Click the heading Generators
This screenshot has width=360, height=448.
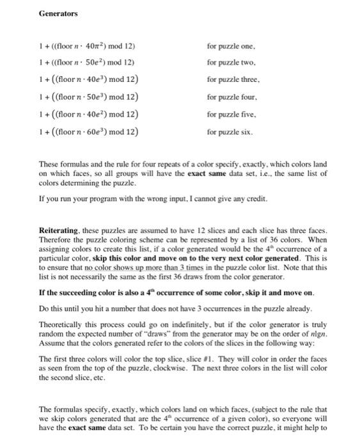coord(59,13)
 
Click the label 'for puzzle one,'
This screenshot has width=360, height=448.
coord(231,47)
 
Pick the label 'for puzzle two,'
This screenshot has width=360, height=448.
coord(231,63)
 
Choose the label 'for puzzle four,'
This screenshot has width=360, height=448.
coord(232,98)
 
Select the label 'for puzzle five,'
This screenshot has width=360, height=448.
coord(231,115)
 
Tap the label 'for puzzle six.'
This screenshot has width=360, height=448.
coord(230,132)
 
